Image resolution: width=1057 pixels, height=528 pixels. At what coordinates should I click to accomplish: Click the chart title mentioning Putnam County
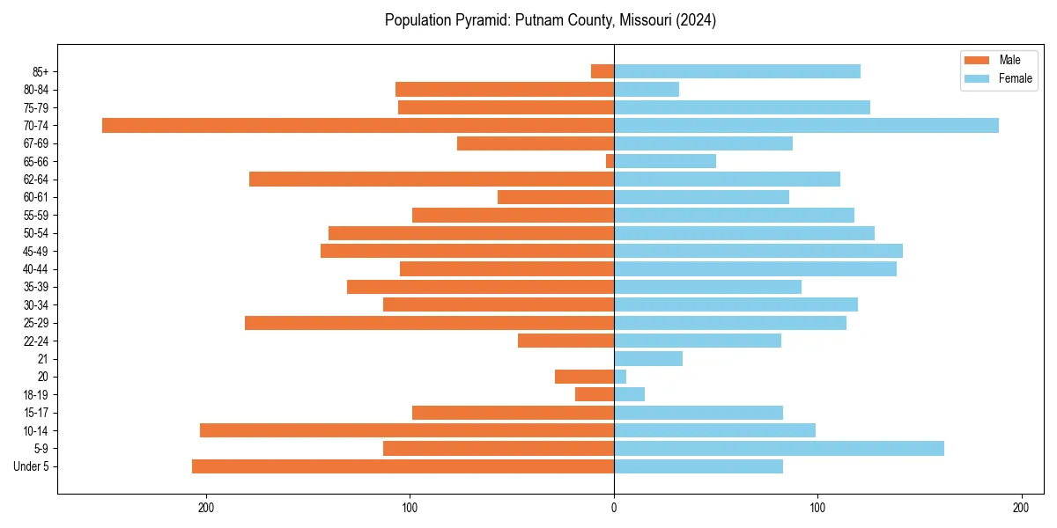(x=550, y=20)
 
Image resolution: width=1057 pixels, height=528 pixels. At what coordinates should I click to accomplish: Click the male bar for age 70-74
(x=358, y=126)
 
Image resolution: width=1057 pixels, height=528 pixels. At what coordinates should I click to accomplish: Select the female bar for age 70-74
(x=806, y=126)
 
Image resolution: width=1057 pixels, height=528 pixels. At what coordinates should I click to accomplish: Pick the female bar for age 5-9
(x=779, y=449)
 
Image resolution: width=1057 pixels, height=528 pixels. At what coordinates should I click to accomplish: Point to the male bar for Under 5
(x=403, y=466)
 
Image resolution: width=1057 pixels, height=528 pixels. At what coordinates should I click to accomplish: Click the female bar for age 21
(x=648, y=359)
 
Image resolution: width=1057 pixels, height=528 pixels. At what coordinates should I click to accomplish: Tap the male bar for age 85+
(x=602, y=71)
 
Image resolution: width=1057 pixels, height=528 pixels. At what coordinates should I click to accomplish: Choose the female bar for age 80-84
(x=647, y=90)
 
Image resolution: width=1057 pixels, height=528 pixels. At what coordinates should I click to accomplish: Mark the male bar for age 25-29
(x=429, y=323)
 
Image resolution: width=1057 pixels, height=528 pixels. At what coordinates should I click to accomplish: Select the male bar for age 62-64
(x=432, y=180)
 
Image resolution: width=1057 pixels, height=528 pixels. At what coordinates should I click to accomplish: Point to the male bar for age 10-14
(x=407, y=430)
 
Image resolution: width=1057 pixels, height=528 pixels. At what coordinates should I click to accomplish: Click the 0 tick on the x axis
(x=614, y=508)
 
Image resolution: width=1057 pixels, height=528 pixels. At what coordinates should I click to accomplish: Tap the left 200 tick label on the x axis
(x=206, y=508)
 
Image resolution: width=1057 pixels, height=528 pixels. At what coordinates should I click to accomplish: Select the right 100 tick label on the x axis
(x=817, y=508)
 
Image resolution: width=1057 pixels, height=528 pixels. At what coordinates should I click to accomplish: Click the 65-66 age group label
(x=35, y=162)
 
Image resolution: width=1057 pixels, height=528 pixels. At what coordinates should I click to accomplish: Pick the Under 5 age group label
(x=31, y=466)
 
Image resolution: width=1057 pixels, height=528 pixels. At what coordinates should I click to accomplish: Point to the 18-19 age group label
(x=35, y=395)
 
